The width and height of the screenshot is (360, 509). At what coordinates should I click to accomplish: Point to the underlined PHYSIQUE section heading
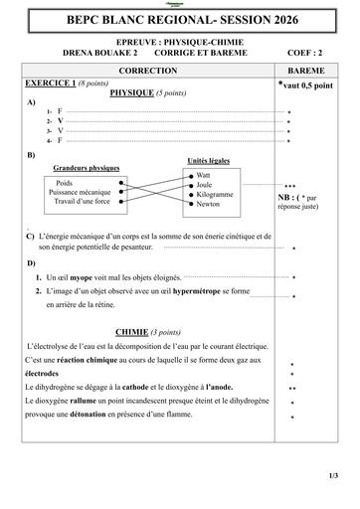pos(130,92)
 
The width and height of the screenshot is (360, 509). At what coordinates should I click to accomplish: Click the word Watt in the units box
pos(204,174)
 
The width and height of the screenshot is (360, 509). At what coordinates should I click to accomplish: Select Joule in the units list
pos(205,184)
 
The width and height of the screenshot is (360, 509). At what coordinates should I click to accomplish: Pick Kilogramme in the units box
pos(215,194)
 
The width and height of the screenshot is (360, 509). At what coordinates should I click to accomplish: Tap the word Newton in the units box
pos(209,204)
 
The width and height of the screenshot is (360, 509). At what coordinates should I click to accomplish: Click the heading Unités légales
pos(210,160)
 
